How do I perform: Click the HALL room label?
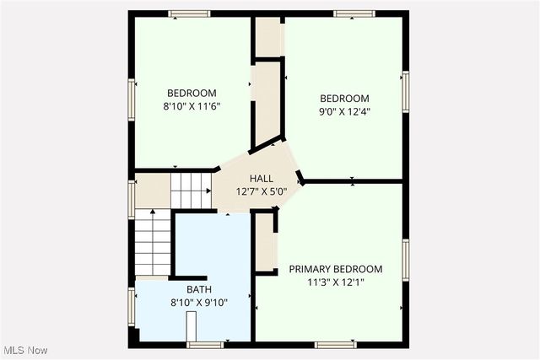pos(261,178)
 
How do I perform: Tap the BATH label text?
pos(187,289)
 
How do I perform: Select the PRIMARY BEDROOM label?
pos(336,269)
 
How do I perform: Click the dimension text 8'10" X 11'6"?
pos(192,106)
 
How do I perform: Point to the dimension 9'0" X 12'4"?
pos(344,111)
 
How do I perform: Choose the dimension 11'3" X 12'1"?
pos(336,282)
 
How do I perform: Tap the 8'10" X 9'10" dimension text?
pos(187,302)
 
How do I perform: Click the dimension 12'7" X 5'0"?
pos(261,191)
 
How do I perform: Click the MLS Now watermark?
pos(24,350)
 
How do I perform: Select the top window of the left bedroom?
pos(189,13)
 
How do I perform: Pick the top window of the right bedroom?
pos(354,13)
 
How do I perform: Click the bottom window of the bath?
pos(205,344)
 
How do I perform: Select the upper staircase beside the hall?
pos(190,189)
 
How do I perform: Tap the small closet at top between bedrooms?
pos(268,35)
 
